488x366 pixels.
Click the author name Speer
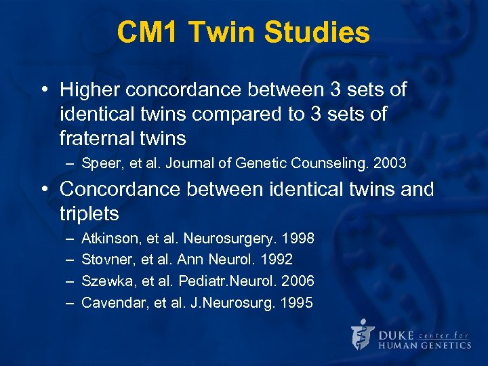(x=99, y=163)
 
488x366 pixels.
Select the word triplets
(x=89, y=213)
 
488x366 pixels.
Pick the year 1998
(x=299, y=239)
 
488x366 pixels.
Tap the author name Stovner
(x=104, y=260)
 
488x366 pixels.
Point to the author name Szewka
(x=104, y=281)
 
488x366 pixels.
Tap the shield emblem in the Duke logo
(x=362, y=335)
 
